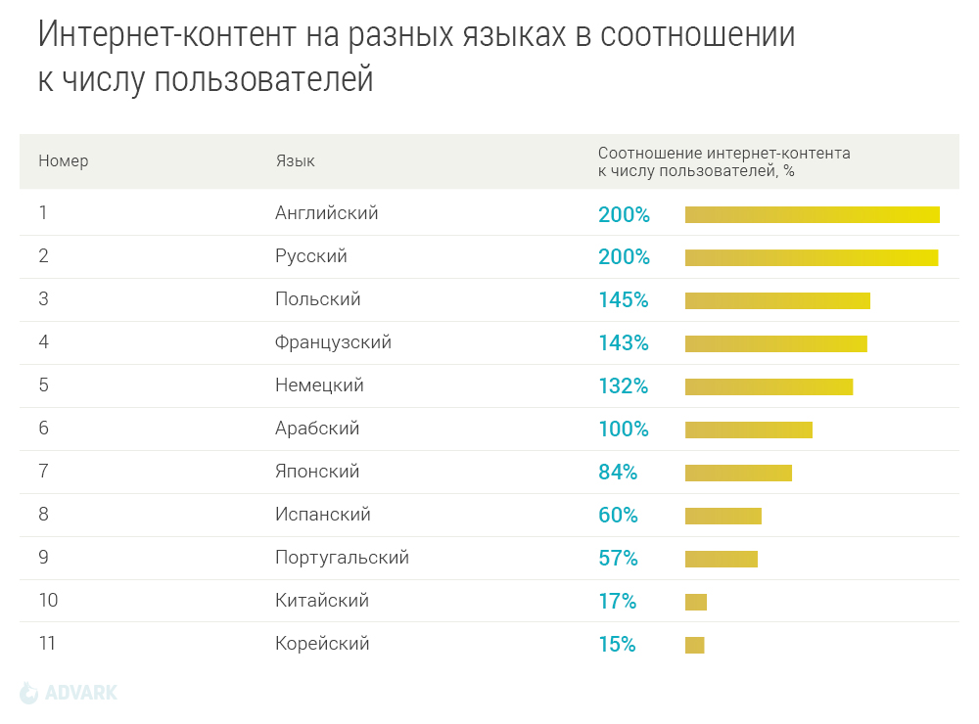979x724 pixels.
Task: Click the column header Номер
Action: coord(64,161)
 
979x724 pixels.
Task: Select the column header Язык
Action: coord(295,161)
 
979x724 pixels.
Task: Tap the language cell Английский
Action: coord(327,213)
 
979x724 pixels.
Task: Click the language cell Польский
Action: coord(318,299)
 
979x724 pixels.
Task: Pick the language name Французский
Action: coord(333,342)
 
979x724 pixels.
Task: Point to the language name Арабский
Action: coord(317,429)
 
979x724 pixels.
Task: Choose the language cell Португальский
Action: coord(342,558)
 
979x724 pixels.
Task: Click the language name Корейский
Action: coord(322,644)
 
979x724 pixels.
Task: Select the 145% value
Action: coord(624,300)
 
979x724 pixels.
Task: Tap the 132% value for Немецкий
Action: coord(624,386)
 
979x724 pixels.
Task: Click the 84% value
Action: coord(618,473)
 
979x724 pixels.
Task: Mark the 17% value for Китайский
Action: coord(617,602)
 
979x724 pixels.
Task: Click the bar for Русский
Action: coord(812,257)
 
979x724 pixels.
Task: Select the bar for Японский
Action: coord(738,474)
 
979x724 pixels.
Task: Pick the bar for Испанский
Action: coord(723,516)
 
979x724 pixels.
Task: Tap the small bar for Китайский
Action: coord(696,602)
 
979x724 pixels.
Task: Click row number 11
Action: coord(47,644)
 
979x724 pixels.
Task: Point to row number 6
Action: coord(44,429)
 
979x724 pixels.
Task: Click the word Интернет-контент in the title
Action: coord(165,35)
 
